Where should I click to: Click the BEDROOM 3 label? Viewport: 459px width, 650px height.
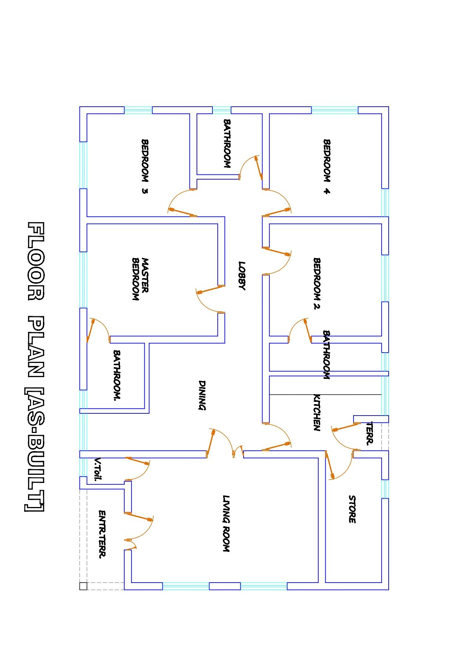[x=145, y=166]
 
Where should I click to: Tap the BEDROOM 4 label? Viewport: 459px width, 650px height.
[x=326, y=166]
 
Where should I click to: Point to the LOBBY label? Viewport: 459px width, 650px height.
[x=242, y=276]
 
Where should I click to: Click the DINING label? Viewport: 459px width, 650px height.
[x=202, y=395]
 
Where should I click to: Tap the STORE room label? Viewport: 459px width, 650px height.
[x=352, y=509]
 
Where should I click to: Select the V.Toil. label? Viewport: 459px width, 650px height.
[x=98, y=469]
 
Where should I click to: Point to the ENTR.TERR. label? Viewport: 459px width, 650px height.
[x=102, y=534]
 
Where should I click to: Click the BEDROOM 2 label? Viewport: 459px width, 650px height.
[x=317, y=283]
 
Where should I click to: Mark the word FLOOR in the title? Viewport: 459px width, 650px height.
[x=36, y=261]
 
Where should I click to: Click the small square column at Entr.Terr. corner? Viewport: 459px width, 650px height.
[x=83, y=586]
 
